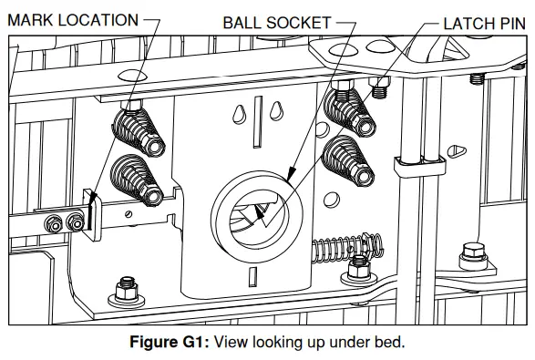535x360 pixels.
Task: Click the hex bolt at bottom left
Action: [120, 293]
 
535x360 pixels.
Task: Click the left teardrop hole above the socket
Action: [239, 114]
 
